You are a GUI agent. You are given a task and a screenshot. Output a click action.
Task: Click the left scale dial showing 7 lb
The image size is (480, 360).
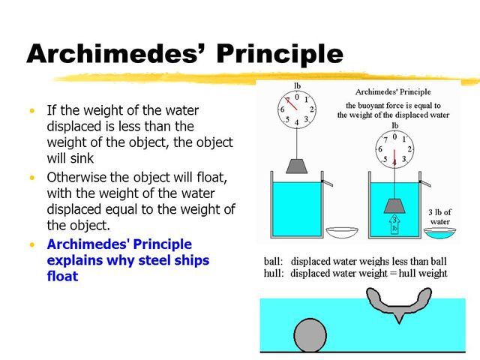tap(297, 109)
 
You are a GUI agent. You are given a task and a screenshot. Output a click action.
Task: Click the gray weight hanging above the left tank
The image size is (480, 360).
tap(297, 166)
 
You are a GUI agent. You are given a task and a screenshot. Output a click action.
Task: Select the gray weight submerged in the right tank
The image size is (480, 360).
tap(394, 205)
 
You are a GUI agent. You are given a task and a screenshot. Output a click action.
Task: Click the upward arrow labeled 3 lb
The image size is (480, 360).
tap(394, 223)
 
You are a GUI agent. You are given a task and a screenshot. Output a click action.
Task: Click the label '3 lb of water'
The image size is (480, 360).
tap(439, 216)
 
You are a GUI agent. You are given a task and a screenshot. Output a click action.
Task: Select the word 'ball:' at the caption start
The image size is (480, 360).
tap(273, 262)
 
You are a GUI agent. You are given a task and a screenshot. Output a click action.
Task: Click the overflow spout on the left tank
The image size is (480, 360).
tap(326, 182)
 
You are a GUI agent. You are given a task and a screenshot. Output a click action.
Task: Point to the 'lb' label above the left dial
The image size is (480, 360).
tap(297, 85)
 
